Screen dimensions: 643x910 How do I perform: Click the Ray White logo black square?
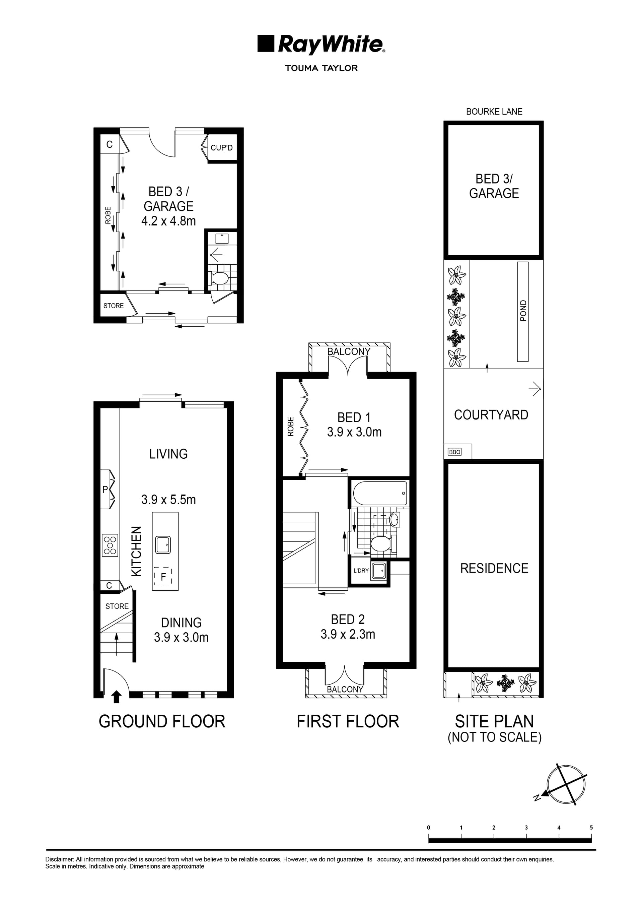[266, 44]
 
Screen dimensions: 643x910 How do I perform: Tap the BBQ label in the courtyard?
[454, 452]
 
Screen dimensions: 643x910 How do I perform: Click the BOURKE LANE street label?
[494, 112]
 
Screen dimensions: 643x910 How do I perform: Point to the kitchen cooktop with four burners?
[110, 545]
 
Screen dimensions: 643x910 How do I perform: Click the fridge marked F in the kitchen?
[163, 576]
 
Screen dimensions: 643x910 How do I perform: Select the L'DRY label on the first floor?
[361, 570]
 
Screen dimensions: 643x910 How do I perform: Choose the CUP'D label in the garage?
[221, 148]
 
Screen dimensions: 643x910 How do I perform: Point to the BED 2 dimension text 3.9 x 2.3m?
[348, 634]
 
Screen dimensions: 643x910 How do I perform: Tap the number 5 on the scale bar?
[591, 828]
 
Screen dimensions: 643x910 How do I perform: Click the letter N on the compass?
[537, 798]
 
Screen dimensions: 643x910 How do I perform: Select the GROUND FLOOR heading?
[162, 722]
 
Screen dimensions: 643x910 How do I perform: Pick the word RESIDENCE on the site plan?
[494, 568]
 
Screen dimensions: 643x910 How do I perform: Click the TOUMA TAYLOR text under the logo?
[321, 68]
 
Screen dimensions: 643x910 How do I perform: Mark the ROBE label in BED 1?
[291, 427]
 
